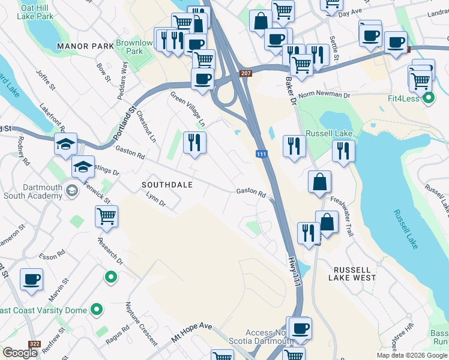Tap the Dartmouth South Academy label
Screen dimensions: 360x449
[x=33, y=191]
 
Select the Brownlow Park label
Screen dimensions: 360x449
[x=134, y=47]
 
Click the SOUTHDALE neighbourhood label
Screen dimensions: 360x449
[x=167, y=185]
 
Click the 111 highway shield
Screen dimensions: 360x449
[x=261, y=154]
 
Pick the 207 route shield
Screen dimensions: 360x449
[x=246, y=73]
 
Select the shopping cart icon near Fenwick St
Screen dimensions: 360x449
[x=106, y=217]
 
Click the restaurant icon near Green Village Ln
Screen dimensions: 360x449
[x=194, y=142]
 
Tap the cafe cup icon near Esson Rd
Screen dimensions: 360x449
[x=31, y=279]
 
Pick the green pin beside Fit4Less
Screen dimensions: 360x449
[x=428, y=98]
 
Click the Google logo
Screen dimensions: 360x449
[x=20, y=352]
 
